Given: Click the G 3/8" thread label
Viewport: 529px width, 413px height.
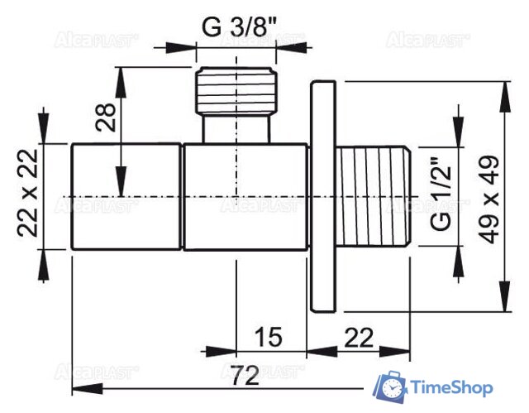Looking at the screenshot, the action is tap(239, 26).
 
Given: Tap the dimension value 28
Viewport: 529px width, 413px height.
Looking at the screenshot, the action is tap(106, 117).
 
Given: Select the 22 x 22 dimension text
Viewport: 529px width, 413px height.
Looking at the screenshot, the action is tap(27, 193).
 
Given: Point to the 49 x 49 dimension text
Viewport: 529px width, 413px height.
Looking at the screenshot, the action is tap(488, 199).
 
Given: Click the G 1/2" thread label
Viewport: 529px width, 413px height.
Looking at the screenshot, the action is tap(441, 193).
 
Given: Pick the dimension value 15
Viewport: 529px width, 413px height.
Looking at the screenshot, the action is tap(268, 337).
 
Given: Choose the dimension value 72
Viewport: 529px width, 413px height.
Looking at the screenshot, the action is tap(246, 375).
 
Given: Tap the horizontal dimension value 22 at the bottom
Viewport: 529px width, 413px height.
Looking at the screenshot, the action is tap(359, 338).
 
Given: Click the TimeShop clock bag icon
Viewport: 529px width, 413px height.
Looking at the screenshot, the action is tap(389, 387).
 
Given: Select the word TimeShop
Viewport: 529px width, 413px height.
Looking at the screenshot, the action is tap(451, 387).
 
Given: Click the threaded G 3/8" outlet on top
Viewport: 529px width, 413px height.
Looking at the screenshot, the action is tap(236, 90).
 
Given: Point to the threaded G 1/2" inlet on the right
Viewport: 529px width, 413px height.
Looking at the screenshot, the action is tap(374, 196).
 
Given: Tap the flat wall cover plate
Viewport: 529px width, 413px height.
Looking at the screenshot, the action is tap(323, 196).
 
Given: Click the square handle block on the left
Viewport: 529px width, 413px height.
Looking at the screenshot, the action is tap(126, 196).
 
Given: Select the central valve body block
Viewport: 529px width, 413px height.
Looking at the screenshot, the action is tap(245, 197).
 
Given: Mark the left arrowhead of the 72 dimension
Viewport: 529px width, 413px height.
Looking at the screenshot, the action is tap(87, 389).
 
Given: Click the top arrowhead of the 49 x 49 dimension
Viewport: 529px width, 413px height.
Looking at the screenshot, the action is tap(505, 96).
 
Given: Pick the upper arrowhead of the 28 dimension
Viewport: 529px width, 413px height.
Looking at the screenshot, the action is tap(122, 82).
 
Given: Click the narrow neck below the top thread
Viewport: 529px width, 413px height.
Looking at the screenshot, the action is tap(236, 129).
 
